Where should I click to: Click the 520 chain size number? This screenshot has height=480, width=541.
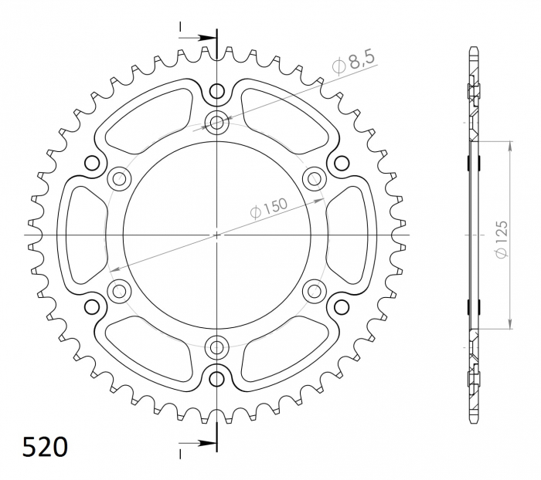(x=44, y=447)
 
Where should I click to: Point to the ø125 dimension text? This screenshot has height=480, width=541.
(x=500, y=240)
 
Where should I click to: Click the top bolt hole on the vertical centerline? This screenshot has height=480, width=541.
(x=216, y=121)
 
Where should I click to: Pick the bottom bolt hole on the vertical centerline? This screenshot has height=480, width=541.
(x=216, y=346)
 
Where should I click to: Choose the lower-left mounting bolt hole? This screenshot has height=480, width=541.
(x=119, y=291)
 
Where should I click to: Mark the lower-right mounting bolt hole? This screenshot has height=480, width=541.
(x=314, y=291)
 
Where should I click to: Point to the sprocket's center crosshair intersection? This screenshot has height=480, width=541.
(x=216, y=235)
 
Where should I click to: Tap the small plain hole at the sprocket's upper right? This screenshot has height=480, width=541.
(x=341, y=163)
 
